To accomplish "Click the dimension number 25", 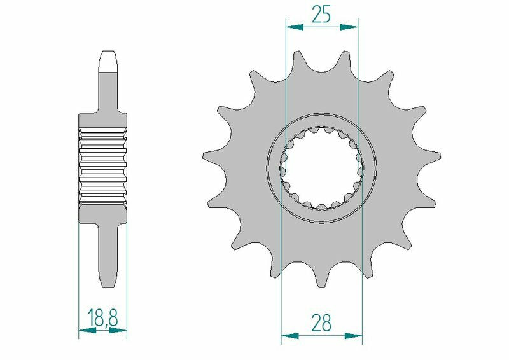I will click(321, 13).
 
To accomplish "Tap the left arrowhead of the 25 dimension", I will click(293, 27).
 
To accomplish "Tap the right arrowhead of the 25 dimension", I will click(351, 27).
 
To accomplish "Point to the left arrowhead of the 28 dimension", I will click(288, 335).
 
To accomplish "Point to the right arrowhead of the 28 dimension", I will click(354, 335).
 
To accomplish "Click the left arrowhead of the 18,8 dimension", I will click(85, 331).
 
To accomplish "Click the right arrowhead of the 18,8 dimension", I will click(120, 331).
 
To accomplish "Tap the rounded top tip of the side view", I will click(109, 56).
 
